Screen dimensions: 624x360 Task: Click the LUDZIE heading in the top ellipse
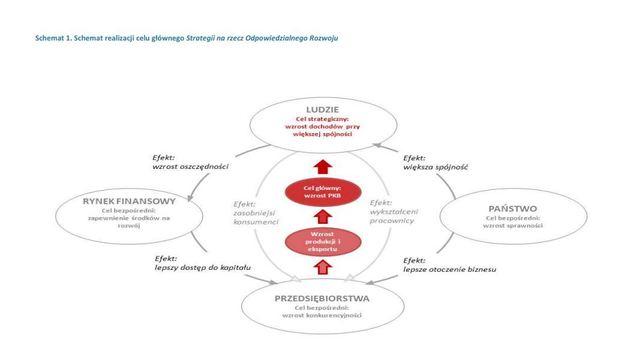click(322, 110)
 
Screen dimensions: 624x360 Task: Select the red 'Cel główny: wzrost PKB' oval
click(323, 192)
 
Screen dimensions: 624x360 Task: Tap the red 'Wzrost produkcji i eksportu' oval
click(323, 242)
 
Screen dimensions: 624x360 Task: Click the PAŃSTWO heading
click(513, 209)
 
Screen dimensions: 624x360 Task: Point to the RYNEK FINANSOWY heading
click(129, 201)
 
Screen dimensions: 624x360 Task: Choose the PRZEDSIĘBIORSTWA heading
click(322, 299)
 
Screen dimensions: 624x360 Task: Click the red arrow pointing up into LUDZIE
click(323, 166)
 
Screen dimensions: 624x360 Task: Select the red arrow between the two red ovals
click(323, 217)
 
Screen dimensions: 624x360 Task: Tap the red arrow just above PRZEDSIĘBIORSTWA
click(323, 267)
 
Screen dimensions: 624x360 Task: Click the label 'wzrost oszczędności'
click(190, 166)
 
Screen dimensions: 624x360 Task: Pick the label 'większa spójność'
click(436, 167)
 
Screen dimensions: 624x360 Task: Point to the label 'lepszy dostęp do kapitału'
click(203, 267)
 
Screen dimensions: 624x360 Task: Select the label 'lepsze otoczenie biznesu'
click(450, 269)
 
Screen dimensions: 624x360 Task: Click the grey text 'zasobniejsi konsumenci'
click(256, 217)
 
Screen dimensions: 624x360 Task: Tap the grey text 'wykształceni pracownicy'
click(394, 216)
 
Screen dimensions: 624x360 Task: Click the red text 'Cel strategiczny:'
click(322, 119)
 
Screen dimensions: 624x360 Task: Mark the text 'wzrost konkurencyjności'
click(322, 315)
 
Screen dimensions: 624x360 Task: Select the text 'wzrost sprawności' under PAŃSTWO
click(513, 226)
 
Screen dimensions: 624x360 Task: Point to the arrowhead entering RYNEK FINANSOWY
click(190, 197)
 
